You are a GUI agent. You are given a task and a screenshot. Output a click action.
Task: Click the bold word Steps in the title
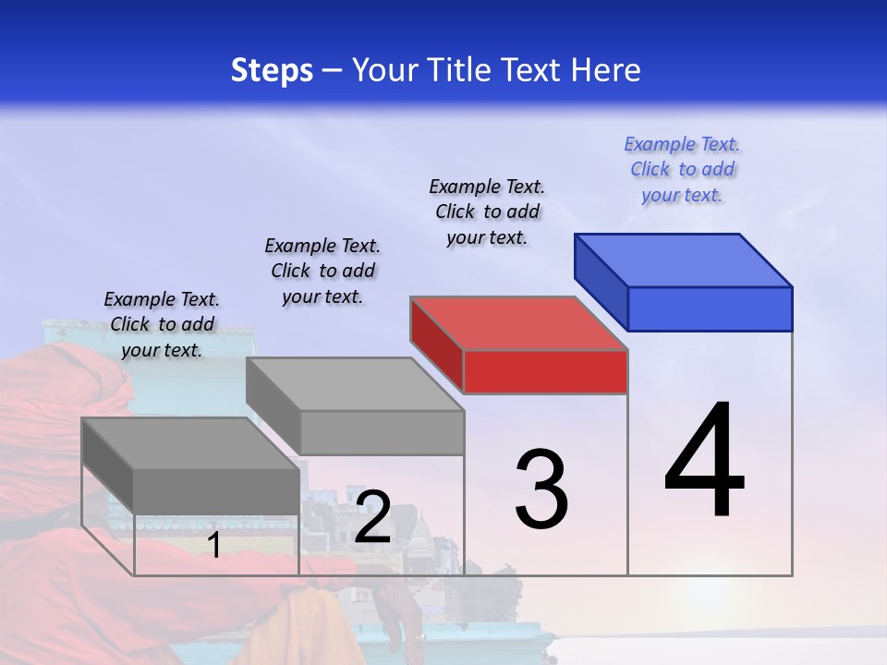(x=272, y=70)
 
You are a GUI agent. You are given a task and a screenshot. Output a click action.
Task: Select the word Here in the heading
(x=605, y=70)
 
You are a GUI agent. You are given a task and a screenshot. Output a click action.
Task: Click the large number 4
(x=704, y=462)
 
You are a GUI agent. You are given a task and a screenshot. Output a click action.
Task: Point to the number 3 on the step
(x=541, y=490)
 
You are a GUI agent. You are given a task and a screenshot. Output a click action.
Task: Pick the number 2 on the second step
(x=372, y=518)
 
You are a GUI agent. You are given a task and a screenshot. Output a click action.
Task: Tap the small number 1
(x=214, y=545)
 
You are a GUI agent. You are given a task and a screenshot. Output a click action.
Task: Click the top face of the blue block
(x=684, y=260)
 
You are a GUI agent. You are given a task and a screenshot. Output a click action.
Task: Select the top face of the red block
(x=519, y=323)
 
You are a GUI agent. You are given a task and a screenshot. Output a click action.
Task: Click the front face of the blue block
(x=710, y=308)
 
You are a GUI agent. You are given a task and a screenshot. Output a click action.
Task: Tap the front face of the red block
(x=545, y=371)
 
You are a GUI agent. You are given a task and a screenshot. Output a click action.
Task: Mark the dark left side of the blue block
(x=601, y=282)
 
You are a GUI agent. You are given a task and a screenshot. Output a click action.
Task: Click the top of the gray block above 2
(x=355, y=383)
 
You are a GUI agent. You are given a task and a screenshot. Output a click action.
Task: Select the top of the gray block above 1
(x=190, y=443)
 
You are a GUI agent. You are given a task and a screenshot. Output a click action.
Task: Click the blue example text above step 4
(x=682, y=170)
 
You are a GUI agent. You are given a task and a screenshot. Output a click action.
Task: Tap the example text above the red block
(x=487, y=212)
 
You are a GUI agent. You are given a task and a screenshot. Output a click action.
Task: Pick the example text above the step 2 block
(x=322, y=271)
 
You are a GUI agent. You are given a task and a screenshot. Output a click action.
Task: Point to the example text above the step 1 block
(x=162, y=324)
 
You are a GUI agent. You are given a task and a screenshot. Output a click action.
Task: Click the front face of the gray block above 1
(x=216, y=490)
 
